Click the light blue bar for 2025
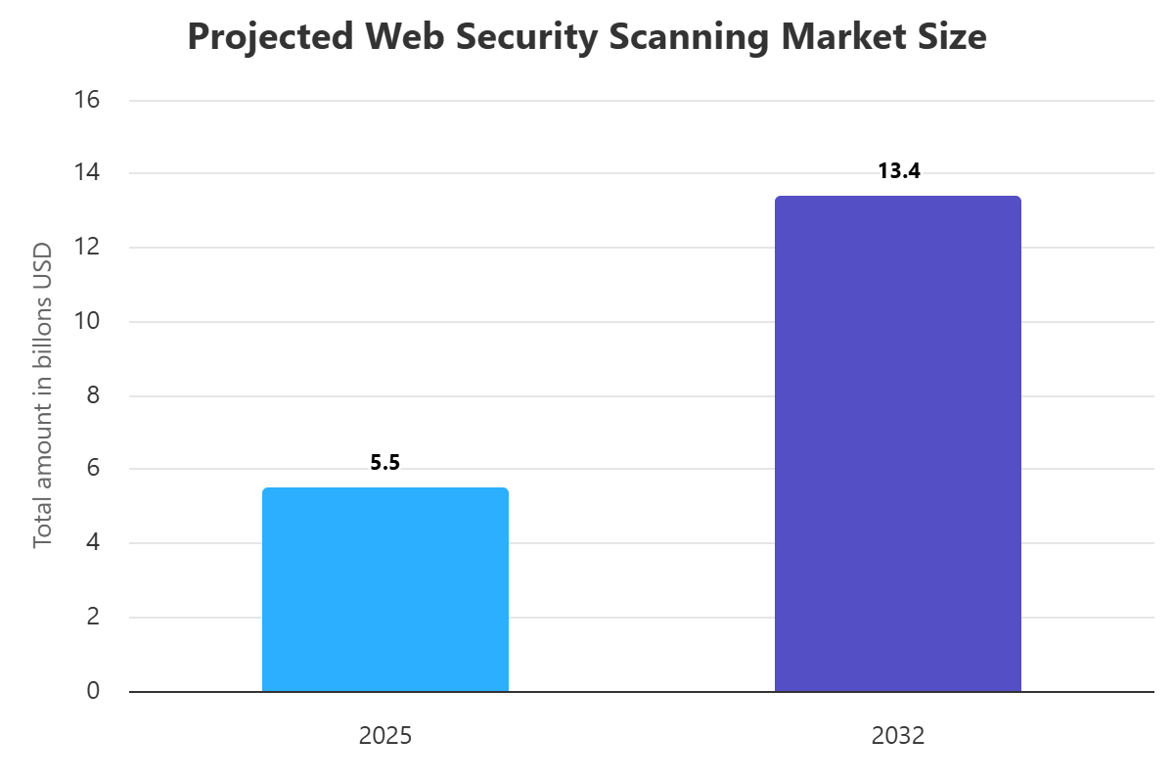(x=385, y=590)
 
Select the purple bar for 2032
(x=898, y=444)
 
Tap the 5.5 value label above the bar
(x=385, y=463)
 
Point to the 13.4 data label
(x=898, y=171)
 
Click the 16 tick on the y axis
(x=87, y=100)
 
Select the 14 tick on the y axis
(x=87, y=173)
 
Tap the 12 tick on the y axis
(x=87, y=248)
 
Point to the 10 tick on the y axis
(x=87, y=322)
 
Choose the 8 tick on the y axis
(x=93, y=395)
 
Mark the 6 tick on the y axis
(x=93, y=469)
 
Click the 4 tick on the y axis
(x=93, y=543)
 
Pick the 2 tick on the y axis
(x=93, y=618)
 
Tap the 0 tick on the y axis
(x=93, y=691)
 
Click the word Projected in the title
(x=255, y=37)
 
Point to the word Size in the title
(x=951, y=37)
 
